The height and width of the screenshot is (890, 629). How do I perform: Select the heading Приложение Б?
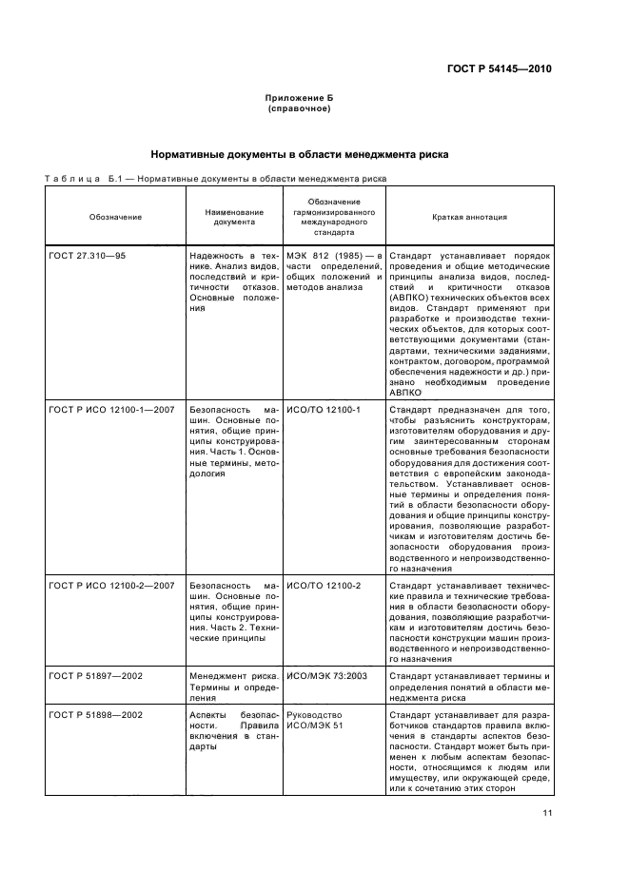(299, 99)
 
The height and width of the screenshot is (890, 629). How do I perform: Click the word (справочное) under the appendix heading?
(299, 109)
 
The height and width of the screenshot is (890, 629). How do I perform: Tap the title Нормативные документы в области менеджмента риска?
(299, 154)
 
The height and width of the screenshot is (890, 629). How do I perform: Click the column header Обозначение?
(115, 217)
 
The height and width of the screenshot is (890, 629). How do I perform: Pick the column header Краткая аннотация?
(469, 217)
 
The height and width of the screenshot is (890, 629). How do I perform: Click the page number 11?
(547, 813)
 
